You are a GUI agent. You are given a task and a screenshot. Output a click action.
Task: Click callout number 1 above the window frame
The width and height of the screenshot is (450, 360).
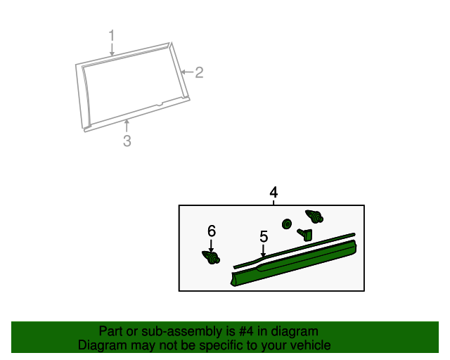112,35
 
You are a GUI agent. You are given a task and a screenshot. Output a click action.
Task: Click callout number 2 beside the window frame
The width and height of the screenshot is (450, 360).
199,72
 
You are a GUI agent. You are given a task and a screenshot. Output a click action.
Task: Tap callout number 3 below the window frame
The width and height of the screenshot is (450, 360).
127,141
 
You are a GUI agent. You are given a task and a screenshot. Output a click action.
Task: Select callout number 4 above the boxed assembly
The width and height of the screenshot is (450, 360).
274,192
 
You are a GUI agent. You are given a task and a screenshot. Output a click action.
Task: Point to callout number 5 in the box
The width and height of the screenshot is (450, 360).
264,236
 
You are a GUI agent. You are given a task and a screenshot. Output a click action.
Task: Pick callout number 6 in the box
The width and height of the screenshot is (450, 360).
212,231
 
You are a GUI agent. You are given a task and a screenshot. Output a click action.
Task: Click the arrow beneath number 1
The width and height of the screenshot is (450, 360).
112,49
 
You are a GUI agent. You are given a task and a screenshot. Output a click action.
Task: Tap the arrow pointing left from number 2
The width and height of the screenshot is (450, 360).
187,72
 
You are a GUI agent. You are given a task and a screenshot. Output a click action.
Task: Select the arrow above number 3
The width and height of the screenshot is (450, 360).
127,126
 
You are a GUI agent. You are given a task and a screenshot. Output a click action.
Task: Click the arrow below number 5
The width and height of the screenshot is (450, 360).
263,250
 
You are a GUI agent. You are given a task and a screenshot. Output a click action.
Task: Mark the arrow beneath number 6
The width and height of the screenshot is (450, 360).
211,245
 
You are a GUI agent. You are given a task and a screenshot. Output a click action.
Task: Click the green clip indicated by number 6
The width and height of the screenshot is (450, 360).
211,257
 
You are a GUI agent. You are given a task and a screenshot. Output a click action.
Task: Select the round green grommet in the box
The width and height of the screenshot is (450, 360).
286,224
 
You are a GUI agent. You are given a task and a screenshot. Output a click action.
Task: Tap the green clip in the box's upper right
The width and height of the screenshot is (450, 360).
314,216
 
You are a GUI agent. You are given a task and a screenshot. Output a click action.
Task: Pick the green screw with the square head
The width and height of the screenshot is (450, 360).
304,234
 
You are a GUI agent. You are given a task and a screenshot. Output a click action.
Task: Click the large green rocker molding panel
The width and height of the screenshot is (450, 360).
293,264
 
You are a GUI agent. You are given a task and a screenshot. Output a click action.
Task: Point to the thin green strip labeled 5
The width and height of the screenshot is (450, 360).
295,250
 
